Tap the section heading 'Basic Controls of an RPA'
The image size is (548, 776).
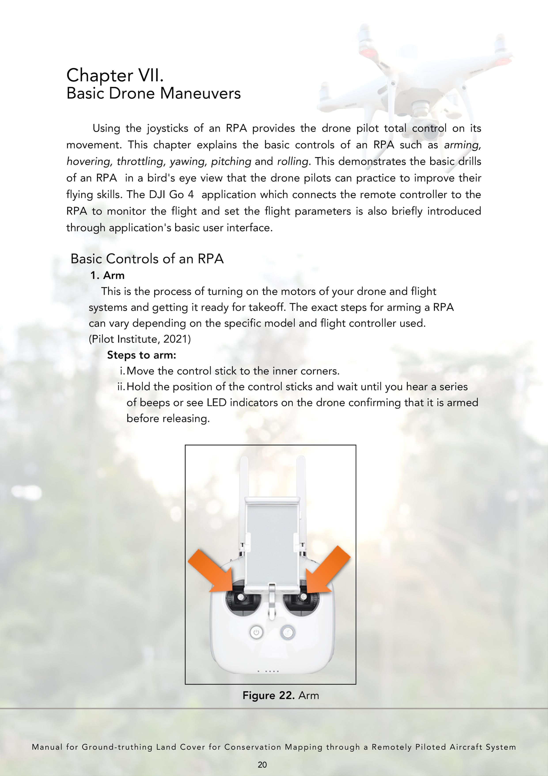[147, 259]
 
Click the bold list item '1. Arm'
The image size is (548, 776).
[107, 276]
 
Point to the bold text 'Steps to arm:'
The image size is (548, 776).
[142, 355]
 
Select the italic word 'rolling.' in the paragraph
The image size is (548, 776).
[293, 162]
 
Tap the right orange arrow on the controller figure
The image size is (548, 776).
[326, 573]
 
